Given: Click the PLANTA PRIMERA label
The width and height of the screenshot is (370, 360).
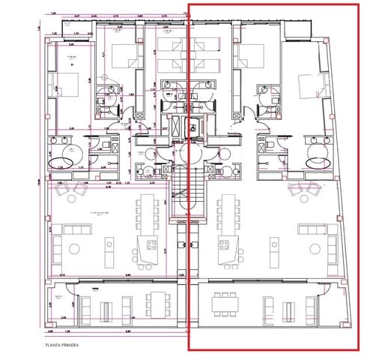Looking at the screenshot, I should point(62,346).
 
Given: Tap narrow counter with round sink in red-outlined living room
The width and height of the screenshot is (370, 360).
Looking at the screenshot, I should point(264,245).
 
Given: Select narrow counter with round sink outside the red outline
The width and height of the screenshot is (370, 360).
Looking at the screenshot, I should point(109,245).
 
